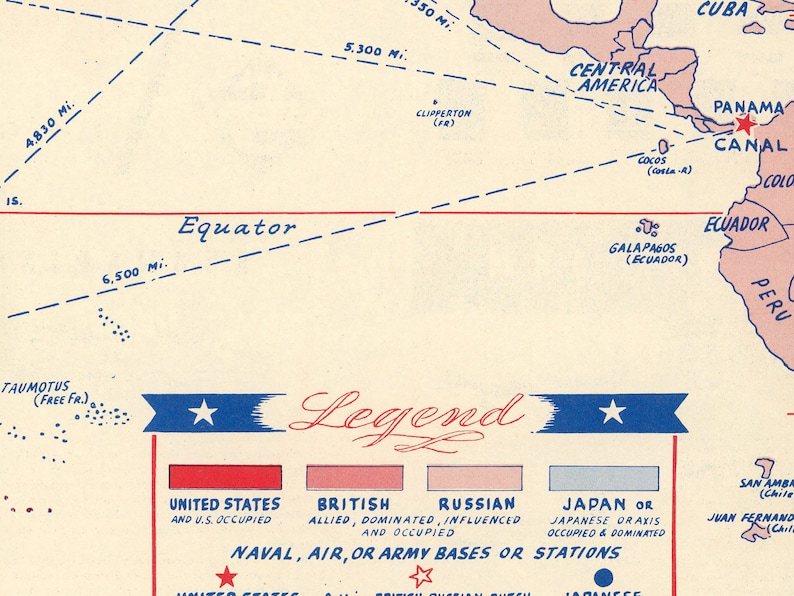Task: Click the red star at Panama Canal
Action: click(744, 125)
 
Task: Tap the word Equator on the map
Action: click(237, 227)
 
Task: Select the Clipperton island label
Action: click(443, 114)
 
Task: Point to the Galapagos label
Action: click(643, 248)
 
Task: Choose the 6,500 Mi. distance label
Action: click(134, 272)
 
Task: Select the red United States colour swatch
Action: click(225, 477)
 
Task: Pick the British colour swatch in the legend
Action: click(354, 477)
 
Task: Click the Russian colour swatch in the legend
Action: click(474, 477)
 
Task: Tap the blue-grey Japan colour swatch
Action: click(603, 478)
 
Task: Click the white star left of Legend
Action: click(203, 412)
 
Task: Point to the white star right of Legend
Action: click(612, 412)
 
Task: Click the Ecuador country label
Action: click(736, 225)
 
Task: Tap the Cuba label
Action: click(722, 9)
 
